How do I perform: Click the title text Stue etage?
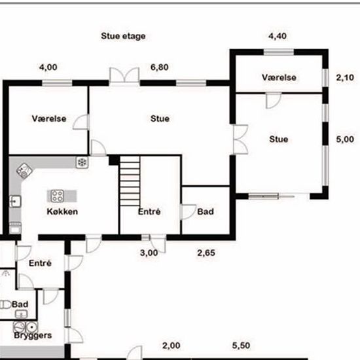(x=123, y=36)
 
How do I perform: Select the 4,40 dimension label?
(x=278, y=36)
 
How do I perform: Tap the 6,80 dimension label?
(x=160, y=67)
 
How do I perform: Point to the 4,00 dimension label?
(x=48, y=67)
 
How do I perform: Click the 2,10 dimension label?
(x=345, y=78)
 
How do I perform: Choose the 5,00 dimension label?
(x=345, y=139)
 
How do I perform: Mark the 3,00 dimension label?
(x=149, y=253)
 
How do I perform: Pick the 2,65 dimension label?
(x=206, y=253)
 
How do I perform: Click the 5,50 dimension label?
(x=241, y=346)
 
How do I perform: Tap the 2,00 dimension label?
(x=171, y=346)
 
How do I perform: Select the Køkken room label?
(x=62, y=211)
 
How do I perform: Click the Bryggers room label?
(x=33, y=335)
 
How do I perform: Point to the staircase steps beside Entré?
(x=130, y=181)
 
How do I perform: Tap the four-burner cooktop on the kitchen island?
(x=57, y=196)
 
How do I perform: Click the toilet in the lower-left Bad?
(x=5, y=305)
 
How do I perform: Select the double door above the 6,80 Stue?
(x=124, y=75)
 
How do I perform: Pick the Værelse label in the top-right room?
(x=279, y=77)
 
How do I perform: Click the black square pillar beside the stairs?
(x=114, y=160)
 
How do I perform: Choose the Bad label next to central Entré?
(x=206, y=211)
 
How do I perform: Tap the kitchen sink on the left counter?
(x=16, y=202)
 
